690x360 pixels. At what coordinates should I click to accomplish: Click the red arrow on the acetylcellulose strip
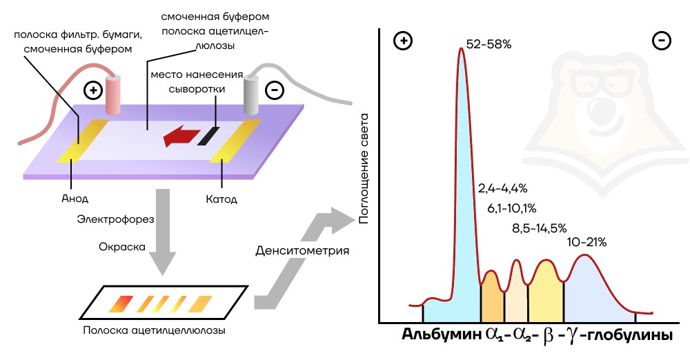pyautogui.click(x=179, y=136)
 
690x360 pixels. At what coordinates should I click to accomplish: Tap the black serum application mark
pyautogui.click(x=208, y=136)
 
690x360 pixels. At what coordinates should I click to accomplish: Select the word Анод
pyautogui.click(x=75, y=199)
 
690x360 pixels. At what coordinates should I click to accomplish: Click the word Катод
pyautogui.click(x=221, y=199)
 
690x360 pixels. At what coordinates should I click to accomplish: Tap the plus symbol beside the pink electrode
pyautogui.click(x=93, y=90)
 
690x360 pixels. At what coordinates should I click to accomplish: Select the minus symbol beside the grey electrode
pyautogui.click(x=275, y=90)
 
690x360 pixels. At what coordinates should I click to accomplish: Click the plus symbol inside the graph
pyautogui.click(x=403, y=41)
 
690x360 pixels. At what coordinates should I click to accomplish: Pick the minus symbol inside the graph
pyautogui.click(x=662, y=41)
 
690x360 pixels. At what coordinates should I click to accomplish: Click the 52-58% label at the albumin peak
pyautogui.click(x=489, y=44)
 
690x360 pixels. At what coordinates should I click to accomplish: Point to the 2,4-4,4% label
pyautogui.click(x=502, y=189)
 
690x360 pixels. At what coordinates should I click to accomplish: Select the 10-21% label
pyautogui.click(x=586, y=242)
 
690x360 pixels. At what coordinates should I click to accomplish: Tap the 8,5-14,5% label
pyautogui.click(x=539, y=228)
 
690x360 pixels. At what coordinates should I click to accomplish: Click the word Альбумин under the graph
pyautogui.click(x=442, y=335)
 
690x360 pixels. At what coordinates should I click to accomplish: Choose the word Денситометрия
pyautogui.click(x=302, y=251)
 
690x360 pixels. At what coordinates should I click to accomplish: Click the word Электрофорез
pyautogui.click(x=115, y=219)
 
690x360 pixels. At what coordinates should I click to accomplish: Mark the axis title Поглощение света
pyautogui.click(x=364, y=168)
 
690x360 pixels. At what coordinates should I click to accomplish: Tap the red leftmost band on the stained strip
pyautogui.click(x=121, y=303)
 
